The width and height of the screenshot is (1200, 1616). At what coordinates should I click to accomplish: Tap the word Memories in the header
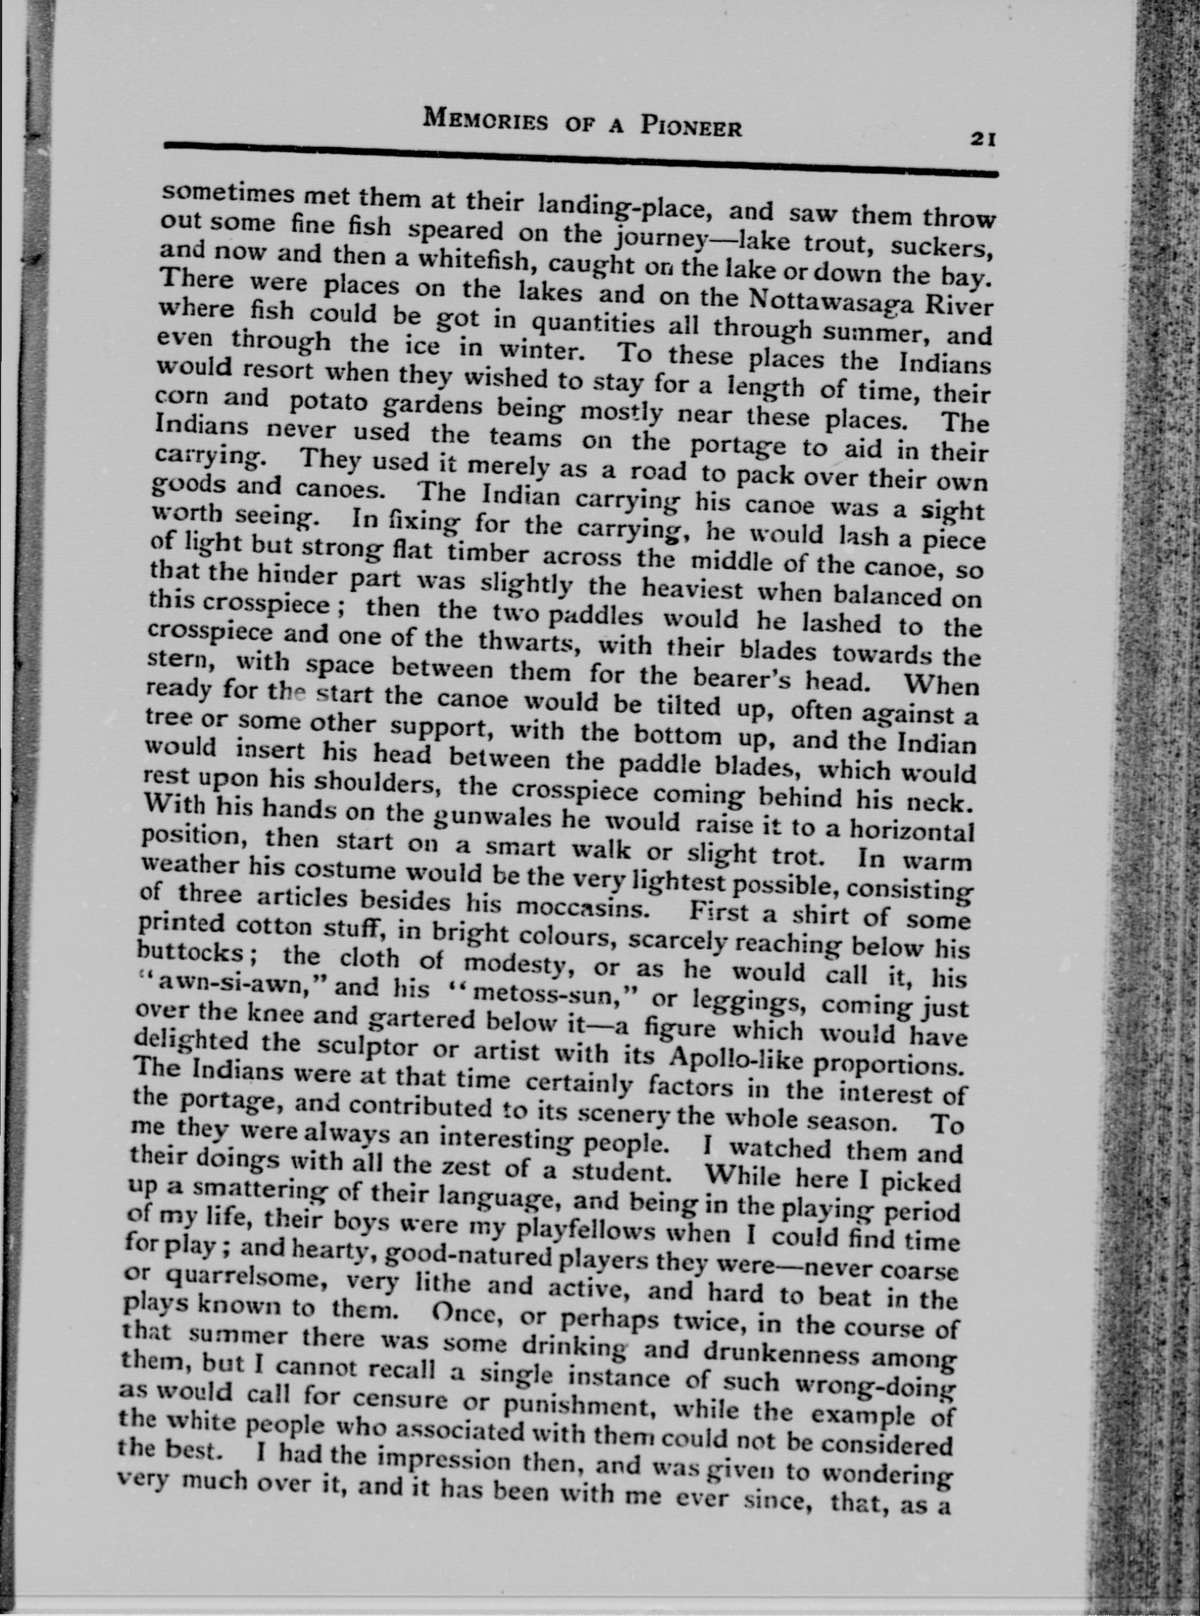485,119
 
